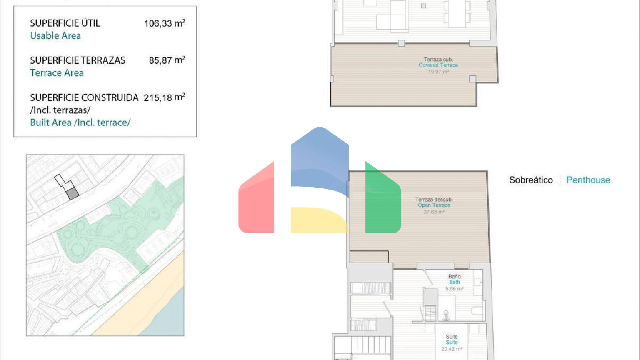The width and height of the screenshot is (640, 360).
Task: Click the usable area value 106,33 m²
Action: pyautogui.click(x=165, y=23)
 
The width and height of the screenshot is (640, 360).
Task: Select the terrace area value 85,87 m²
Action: pyautogui.click(x=167, y=60)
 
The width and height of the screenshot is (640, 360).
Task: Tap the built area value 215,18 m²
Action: pyautogui.click(x=164, y=97)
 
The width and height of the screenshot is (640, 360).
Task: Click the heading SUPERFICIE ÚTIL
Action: pyautogui.click(x=65, y=23)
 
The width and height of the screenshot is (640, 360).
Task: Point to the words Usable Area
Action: pyautogui.click(x=55, y=36)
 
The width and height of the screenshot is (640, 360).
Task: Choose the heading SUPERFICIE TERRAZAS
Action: pyautogui.click(x=78, y=60)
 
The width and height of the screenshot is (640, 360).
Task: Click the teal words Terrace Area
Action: pyautogui.click(x=57, y=73)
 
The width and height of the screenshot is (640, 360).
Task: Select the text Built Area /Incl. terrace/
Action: pyautogui.click(x=80, y=122)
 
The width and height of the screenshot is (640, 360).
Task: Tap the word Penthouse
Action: pyautogui.click(x=588, y=180)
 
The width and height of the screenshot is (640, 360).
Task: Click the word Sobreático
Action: pyautogui.click(x=531, y=180)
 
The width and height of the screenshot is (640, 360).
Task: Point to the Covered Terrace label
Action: pyautogui.click(x=438, y=65)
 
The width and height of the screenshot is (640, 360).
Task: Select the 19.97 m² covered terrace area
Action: pyautogui.click(x=438, y=72)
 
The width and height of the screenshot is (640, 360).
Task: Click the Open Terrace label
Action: pyautogui.click(x=434, y=205)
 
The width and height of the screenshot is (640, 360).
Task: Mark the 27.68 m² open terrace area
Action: pyautogui.click(x=434, y=212)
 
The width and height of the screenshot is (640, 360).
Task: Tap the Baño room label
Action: pyautogui.click(x=454, y=277)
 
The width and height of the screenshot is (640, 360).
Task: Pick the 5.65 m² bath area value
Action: pyautogui.click(x=454, y=289)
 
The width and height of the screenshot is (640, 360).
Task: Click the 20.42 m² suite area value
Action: pyautogui.click(x=452, y=349)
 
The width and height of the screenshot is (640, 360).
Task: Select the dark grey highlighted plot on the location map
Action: pyautogui.click(x=72, y=194)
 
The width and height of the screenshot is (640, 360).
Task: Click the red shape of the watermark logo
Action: pyautogui.click(x=256, y=200)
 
